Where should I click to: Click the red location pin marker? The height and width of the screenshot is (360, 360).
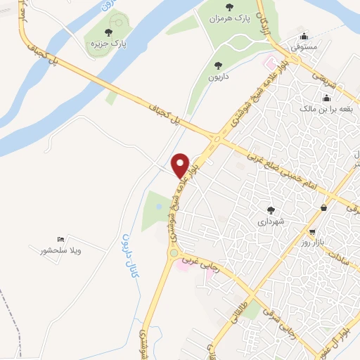coord(180,165)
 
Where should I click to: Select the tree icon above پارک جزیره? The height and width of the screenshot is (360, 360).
coord(109,32)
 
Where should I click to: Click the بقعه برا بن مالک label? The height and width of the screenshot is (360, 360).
coord(326,109)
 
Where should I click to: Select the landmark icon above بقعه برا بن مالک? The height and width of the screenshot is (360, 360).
coord(326,98)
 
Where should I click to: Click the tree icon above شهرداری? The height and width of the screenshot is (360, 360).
coord(271,210)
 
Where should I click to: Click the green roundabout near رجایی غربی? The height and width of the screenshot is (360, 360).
coord(173,253)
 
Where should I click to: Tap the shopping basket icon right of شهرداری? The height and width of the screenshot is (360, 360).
coord(323,208)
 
